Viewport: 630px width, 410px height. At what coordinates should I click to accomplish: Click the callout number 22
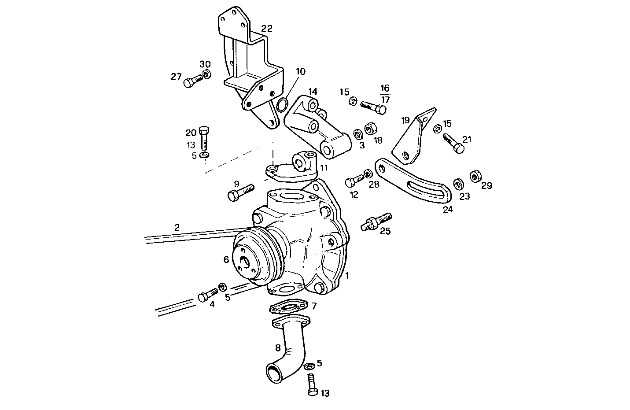pos(266,29)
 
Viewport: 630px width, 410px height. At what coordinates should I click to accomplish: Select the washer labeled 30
pos(206,74)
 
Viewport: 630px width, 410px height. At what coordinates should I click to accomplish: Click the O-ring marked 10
pos(283,105)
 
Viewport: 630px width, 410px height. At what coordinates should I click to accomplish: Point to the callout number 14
pos(313,92)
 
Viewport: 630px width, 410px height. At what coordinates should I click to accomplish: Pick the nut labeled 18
pos(370,129)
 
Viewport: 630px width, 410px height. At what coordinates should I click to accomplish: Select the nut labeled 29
pos(475,176)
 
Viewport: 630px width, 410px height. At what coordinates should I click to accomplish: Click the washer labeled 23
pos(458,183)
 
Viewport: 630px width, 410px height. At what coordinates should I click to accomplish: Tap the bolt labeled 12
pos(355,180)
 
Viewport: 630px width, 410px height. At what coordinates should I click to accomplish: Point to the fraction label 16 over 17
pos(385,94)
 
